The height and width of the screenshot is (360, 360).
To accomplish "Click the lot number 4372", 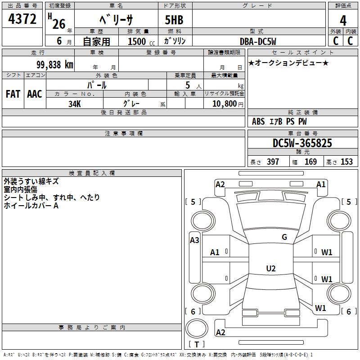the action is coord(22,19).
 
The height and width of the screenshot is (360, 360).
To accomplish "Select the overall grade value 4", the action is coord(343,21).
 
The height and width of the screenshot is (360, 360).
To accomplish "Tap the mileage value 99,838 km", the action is coord(54,65).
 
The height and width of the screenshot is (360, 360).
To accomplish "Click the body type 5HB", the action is coord(174,20).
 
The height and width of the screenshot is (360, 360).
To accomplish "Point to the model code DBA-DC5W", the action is coord(258,41).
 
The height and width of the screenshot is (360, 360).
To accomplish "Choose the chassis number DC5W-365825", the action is coord(302,143).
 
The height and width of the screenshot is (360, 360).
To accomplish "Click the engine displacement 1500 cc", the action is coord(141,41).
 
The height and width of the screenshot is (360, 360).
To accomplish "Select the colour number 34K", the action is coord(75,104).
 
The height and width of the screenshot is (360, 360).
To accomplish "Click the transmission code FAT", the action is coord(13,94).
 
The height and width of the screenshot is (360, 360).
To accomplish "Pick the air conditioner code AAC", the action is coord(35,94).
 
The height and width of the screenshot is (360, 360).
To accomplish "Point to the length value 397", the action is coord(273,162).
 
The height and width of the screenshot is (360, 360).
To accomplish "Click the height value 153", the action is coord(346,162).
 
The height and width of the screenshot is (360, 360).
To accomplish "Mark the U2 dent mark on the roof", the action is coord(271,268).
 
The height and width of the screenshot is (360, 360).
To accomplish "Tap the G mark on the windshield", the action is coord(284,237).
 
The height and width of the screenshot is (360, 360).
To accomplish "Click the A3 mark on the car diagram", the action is coord(194,240).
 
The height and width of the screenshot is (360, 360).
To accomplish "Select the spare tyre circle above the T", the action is coord(197,328).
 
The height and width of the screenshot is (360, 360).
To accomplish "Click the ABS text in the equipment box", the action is coord(258,121).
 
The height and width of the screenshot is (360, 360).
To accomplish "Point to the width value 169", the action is coord(310,162).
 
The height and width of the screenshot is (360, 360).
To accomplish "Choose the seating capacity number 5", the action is coord(188,85).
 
